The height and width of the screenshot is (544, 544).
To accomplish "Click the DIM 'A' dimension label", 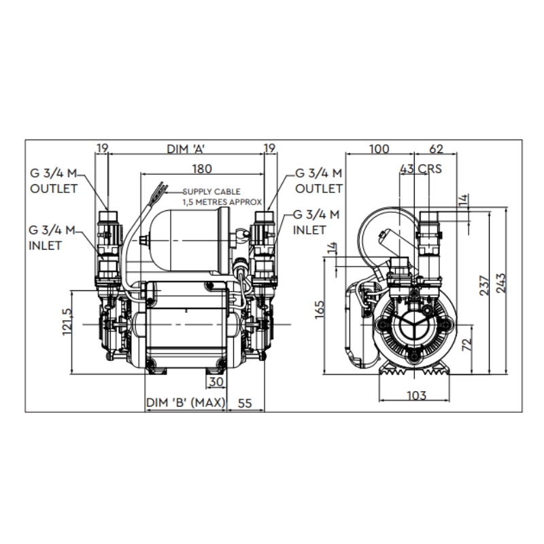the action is [x=186, y=149].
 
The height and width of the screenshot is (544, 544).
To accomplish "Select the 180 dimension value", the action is [x=202, y=169].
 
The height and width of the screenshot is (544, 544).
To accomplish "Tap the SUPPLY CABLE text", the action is [x=211, y=192].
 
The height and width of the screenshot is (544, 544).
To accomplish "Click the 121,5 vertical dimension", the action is [x=67, y=322].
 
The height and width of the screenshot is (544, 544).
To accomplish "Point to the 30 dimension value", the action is [x=216, y=382].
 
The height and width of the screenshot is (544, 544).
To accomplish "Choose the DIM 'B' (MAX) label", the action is [x=186, y=403].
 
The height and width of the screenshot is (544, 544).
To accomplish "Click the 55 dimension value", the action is [x=245, y=403].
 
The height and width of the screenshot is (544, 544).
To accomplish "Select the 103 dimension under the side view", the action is [x=416, y=395].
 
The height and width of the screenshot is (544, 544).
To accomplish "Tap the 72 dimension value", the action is [x=467, y=344].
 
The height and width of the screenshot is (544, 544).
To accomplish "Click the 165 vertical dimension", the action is [x=319, y=309].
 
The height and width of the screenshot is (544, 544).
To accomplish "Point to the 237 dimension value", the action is [x=484, y=286].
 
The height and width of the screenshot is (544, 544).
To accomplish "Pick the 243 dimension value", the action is [x=501, y=284].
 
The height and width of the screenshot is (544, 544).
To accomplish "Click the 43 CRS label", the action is [x=421, y=169].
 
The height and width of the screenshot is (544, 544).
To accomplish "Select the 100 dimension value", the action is [x=379, y=149].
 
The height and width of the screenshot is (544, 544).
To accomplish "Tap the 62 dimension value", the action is [x=436, y=149].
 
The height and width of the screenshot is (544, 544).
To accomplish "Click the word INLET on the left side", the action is [x=45, y=245].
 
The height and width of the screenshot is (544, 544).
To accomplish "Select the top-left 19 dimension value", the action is [x=103, y=148].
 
